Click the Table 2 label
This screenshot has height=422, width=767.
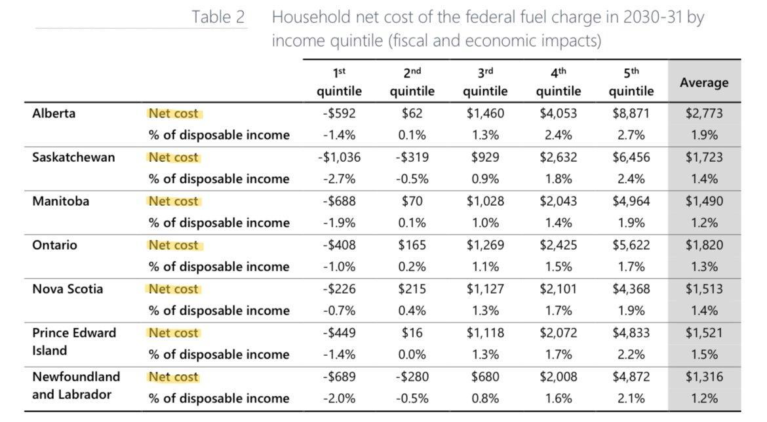click(218, 17)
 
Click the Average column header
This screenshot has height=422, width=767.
click(704, 83)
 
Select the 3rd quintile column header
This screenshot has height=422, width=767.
click(485, 82)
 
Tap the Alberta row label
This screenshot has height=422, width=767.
click(54, 113)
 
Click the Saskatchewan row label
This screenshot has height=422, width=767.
click(73, 157)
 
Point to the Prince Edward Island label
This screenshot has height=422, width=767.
click(74, 341)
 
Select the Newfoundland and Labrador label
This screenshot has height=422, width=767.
click(76, 385)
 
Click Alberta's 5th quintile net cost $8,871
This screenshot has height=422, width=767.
click(631, 113)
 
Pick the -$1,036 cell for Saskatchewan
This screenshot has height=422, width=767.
click(339, 157)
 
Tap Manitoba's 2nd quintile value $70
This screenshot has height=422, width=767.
click(412, 201)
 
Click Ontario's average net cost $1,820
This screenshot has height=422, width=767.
click(704, 245)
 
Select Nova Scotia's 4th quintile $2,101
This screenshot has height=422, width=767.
click(558, 289)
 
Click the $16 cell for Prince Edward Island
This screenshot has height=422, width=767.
click(412, 333)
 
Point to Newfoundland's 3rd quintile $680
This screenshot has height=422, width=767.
click(485, 377)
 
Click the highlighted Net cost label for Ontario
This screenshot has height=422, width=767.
click(174, 245)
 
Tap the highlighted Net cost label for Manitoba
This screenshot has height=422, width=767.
click(174, 201)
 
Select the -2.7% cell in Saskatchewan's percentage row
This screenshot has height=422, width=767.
click(339, 179)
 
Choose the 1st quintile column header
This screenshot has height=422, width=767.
click(339, 82)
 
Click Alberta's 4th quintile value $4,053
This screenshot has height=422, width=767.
click(558, 113)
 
